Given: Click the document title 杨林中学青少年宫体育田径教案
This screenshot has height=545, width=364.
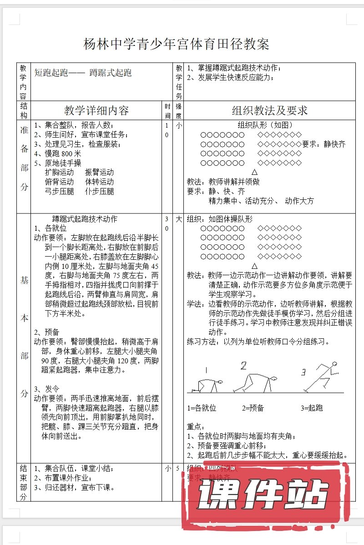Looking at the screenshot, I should click(177, 44).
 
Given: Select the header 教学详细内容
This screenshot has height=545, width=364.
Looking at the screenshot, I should click(96, 110).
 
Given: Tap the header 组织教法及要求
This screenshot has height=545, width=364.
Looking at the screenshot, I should click(270, 110).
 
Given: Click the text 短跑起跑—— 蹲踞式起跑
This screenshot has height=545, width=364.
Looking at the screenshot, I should click(83, 73).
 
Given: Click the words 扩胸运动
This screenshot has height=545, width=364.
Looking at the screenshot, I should click(60, 173).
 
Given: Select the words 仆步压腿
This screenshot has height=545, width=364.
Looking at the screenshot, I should click(99, 192).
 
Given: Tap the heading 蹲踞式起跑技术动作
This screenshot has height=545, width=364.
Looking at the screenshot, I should click(85, 219).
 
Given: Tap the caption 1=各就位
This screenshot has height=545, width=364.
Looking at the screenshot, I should click(202, 408).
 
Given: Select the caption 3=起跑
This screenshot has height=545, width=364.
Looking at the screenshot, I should click(312, 408).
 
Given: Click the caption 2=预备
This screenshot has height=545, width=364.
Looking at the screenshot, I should click(253, 408).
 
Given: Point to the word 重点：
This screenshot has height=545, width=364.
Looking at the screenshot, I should click(197, 427).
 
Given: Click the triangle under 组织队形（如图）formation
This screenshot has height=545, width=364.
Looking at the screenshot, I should click(254, 173).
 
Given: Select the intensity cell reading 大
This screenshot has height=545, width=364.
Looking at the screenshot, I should click(179, 219).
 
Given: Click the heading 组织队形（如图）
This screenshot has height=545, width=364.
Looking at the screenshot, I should click(265, 125).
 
